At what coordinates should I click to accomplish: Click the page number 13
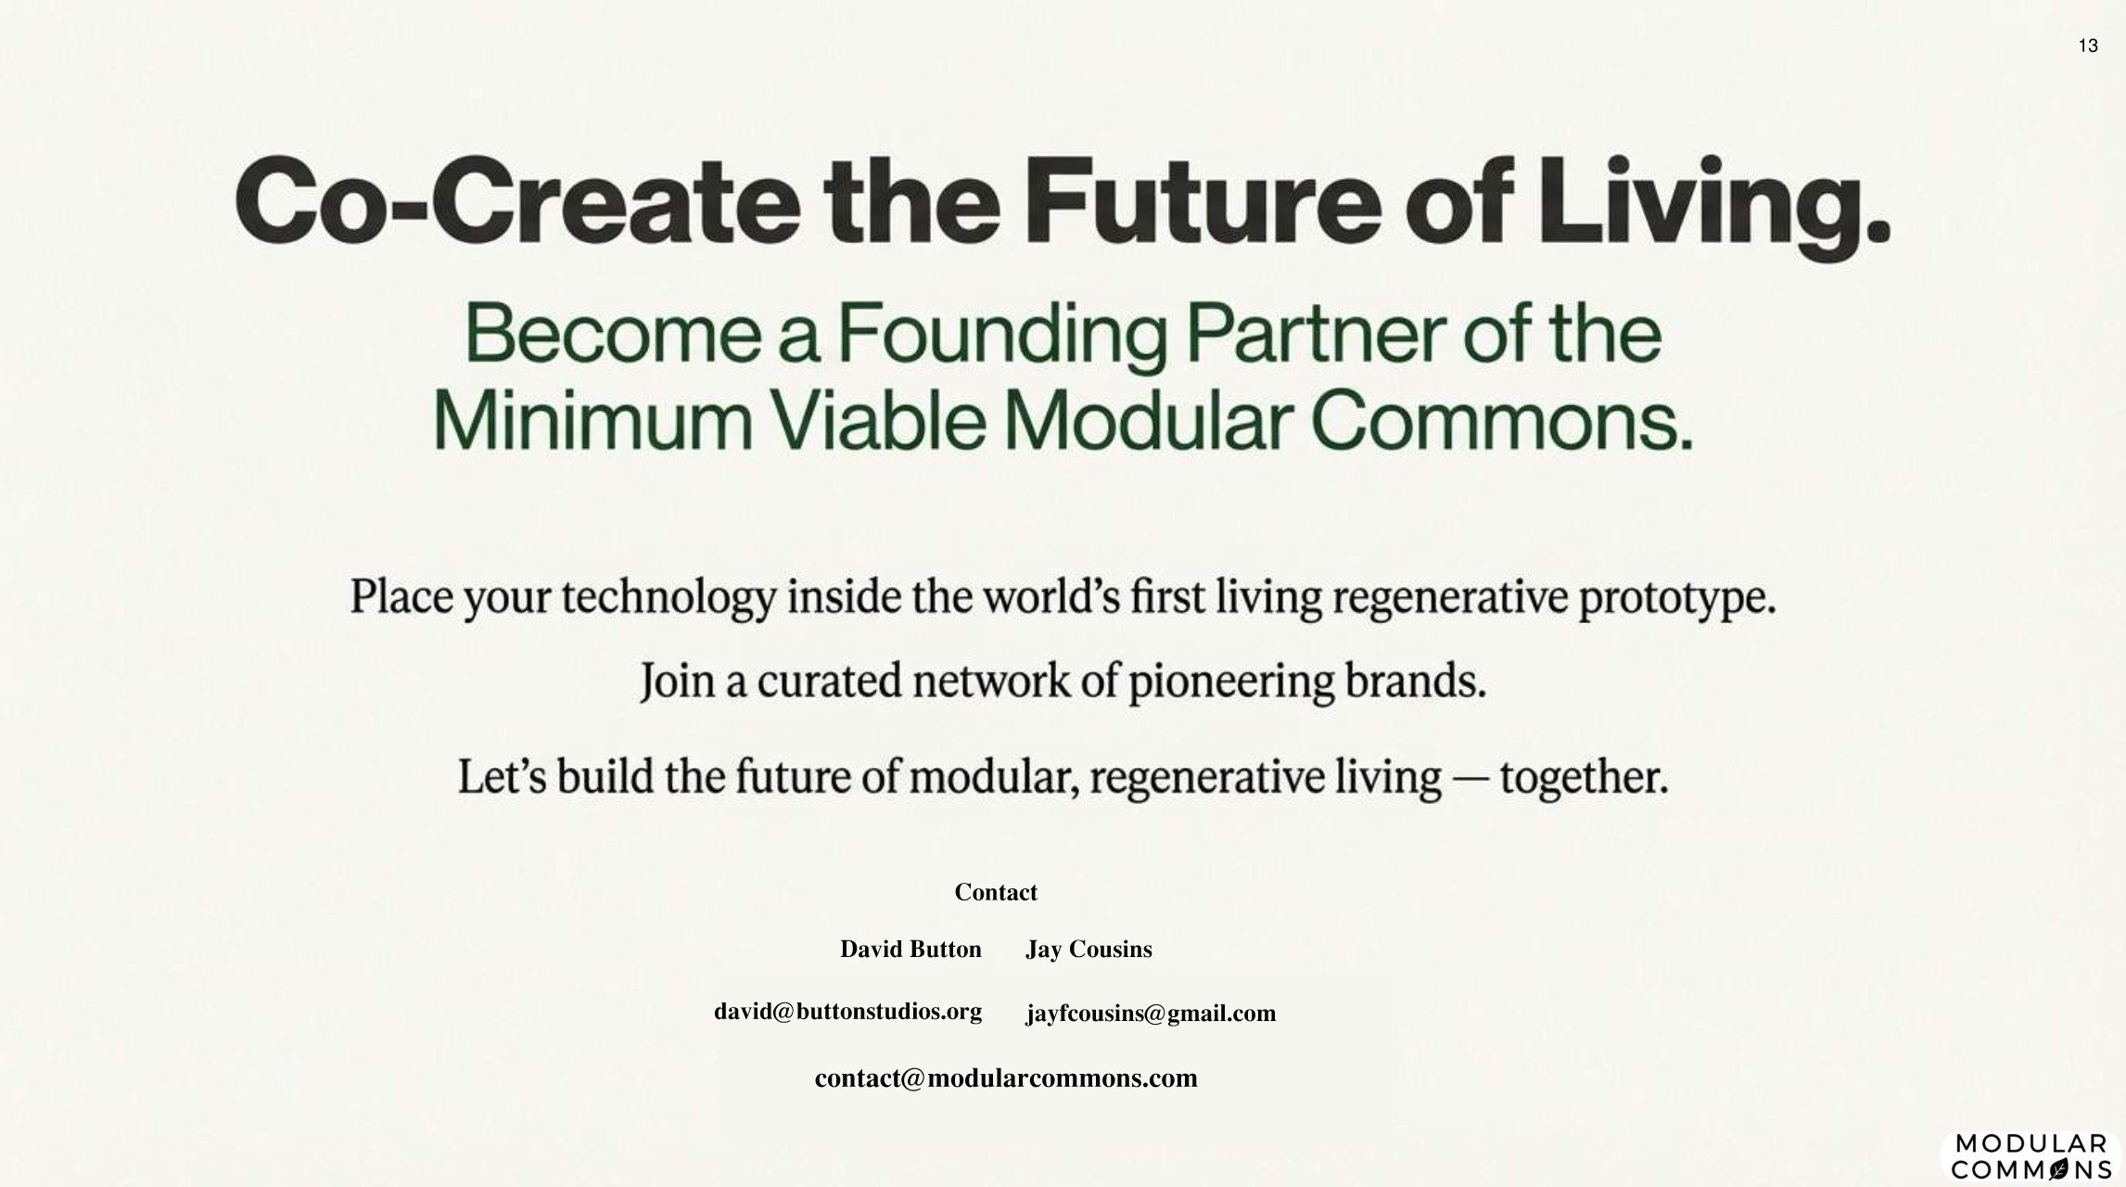pos(2088,46)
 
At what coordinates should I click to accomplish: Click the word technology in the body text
pos(668,596)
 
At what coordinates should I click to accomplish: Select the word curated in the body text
pos(829,682)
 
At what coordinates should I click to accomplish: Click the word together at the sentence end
pos(1584,777)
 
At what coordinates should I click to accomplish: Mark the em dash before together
pos(1470,777)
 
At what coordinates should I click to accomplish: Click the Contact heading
pos(996,892)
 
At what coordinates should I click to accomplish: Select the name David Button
pos(910,950)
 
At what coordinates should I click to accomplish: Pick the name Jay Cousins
pos(1088,950)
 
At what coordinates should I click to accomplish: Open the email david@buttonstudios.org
pos(847,1012)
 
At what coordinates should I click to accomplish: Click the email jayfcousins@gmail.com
pos(1151,1014)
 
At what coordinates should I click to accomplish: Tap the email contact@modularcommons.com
pos(1006,1079)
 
